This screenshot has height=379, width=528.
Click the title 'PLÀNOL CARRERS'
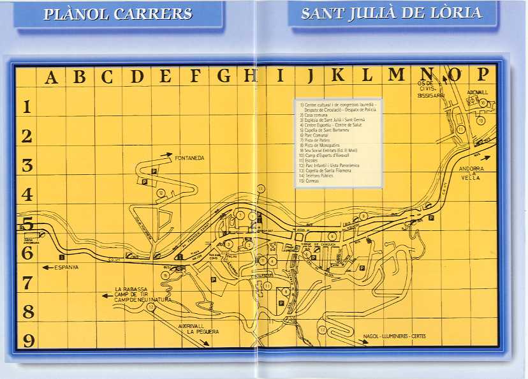coord(118,14)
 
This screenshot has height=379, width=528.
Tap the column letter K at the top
coord(338,75)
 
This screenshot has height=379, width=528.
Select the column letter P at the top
coord(483,74)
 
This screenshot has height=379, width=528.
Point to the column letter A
coord(51,78)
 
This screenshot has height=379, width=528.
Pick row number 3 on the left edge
coord(27,165)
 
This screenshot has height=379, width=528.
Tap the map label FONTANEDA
coord(189,158)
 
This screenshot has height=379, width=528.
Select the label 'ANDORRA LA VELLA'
coord(472,173)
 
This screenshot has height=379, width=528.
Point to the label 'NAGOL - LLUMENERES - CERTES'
coord(394,336)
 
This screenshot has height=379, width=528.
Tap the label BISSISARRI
coord(430,95)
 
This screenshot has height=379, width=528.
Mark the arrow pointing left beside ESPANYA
coord(47,267)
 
